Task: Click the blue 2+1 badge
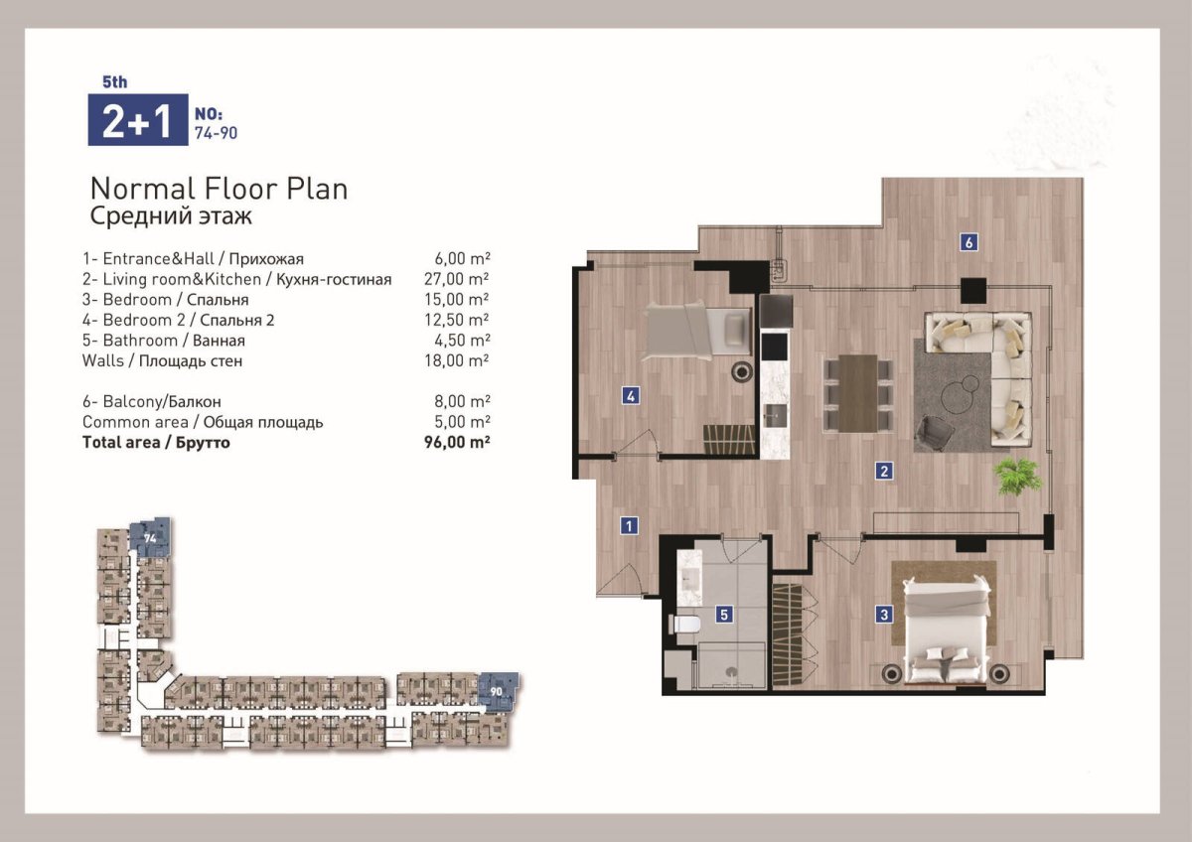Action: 138,120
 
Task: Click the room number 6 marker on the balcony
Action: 968,242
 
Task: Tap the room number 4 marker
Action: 631,396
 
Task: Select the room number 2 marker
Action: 884,471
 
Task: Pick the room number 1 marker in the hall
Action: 629,526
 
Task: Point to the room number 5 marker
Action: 724,615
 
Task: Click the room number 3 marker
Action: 884,615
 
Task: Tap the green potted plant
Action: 1017,476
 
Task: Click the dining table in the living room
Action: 858,393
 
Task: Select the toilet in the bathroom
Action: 684,624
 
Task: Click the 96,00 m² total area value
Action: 457,443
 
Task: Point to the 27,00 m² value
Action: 457,279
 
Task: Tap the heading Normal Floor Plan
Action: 219,189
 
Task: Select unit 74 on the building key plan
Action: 151,538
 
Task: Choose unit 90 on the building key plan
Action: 498,692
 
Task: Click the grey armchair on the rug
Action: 934,433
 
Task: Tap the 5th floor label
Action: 115,81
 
